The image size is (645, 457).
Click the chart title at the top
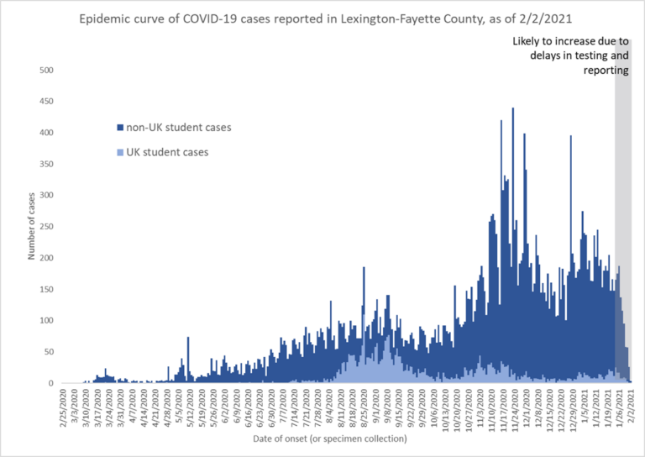coord(322,19)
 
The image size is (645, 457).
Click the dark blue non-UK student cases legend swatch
coord(119,128)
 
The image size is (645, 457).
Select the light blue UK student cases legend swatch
coord(119,152)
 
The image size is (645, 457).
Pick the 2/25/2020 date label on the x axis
coord(64,407)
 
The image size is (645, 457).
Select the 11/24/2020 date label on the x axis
coord(513,408)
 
